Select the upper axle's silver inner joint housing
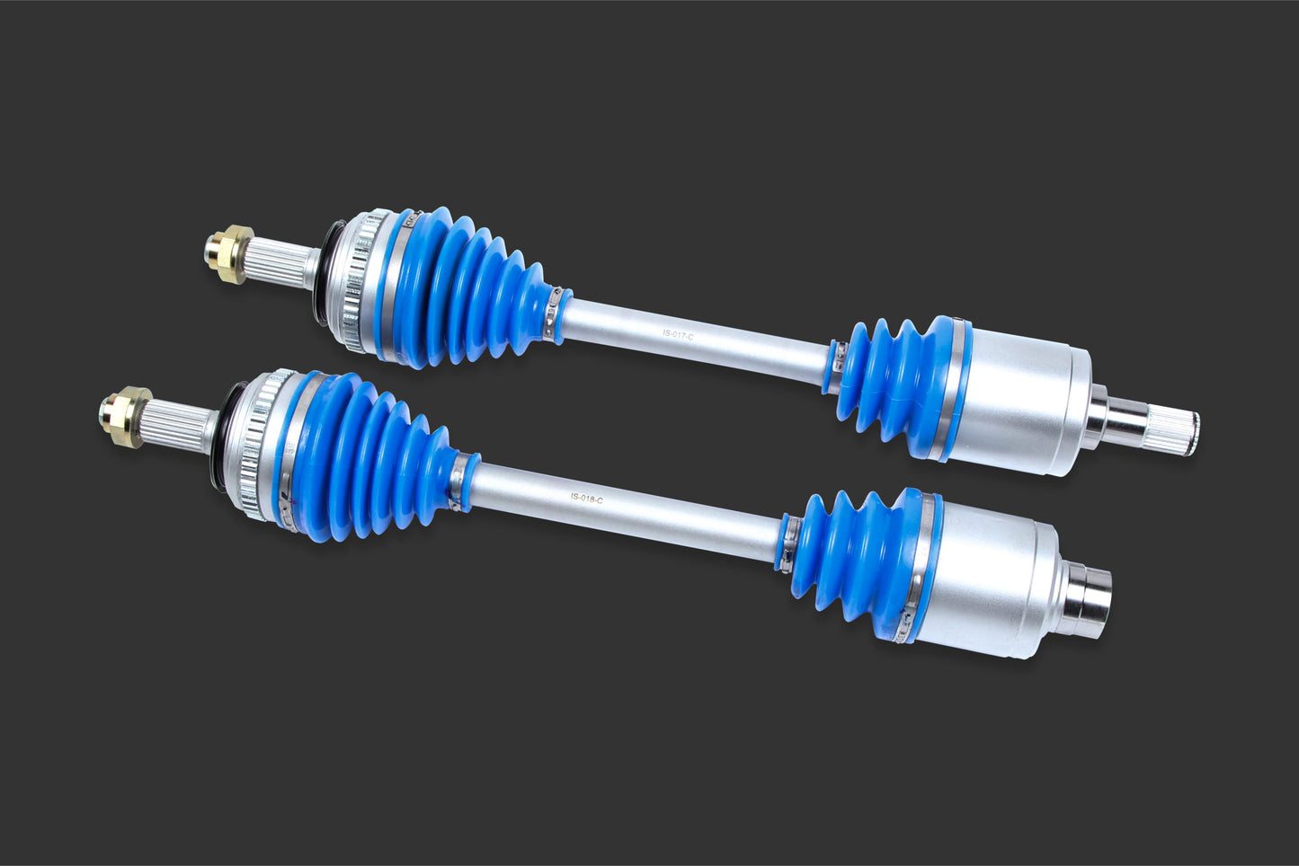tap(1025, 395)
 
